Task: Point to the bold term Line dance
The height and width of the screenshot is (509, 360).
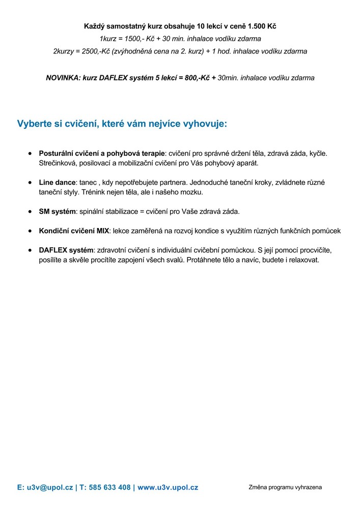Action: point(58,182)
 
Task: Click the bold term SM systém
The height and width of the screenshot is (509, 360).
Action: point(57,211)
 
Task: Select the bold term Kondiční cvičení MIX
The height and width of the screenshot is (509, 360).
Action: point(74,231)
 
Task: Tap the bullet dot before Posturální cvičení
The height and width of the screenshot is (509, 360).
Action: point(31,153)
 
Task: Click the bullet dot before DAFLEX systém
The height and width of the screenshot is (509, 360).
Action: point(31,250)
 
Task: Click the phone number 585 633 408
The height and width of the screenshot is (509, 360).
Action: point(109,487)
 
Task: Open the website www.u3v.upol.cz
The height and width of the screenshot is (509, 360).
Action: point(168,487)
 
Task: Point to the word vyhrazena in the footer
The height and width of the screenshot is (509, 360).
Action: point(306,487)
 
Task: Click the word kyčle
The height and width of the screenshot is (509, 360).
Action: point(318,153)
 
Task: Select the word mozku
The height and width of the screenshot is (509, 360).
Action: point(192,192)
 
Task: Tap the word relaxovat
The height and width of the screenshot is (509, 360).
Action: point(301,260)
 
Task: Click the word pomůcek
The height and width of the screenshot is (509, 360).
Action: point(326,231)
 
